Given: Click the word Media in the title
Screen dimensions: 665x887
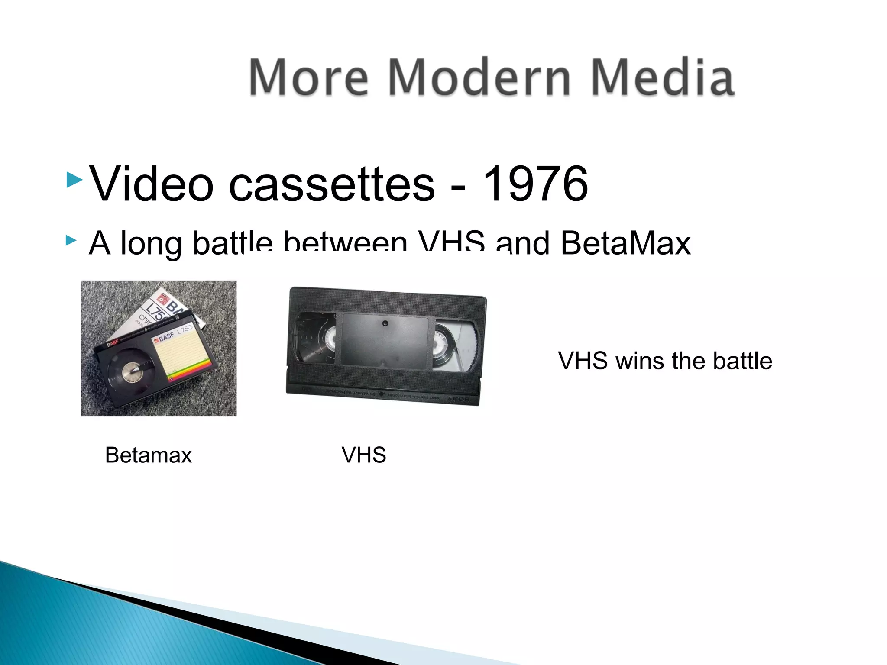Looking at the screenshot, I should (663, 78).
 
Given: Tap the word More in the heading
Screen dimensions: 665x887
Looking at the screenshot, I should (308, 78).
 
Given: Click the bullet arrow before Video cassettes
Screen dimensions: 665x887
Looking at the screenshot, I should (74, 179).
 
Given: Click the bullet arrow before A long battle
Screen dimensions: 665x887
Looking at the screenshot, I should (71, 241).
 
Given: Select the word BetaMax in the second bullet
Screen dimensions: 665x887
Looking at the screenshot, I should (625, 243).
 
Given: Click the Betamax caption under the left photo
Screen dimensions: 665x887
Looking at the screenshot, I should (148, 455).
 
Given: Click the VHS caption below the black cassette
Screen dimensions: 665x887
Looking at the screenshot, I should (363, 455).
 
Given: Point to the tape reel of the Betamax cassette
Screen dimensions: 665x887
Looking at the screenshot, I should (130, 371).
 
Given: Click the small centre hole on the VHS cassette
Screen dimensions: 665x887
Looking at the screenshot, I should (385, 323).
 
